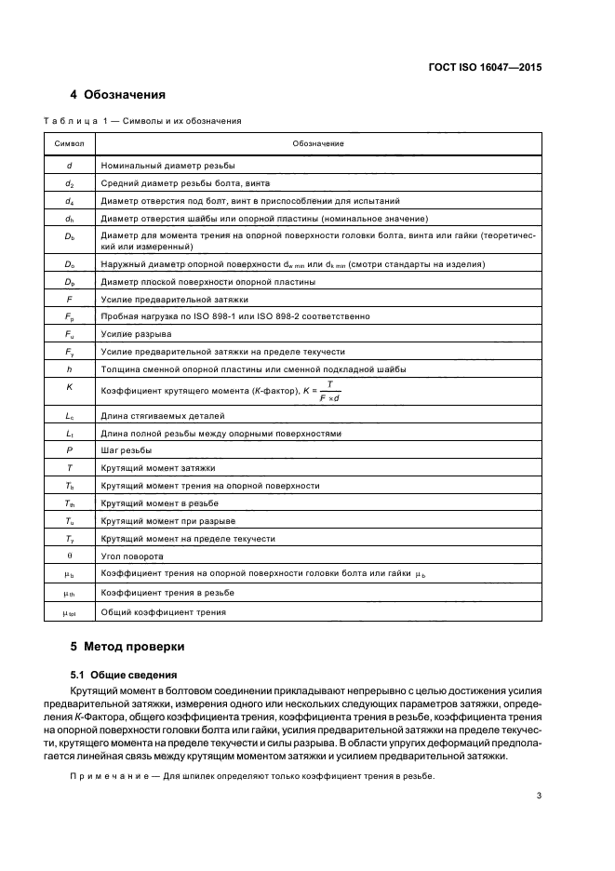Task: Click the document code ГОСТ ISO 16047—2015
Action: pyautogui.click(x=497, y=67)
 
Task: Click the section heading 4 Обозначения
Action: pyautogui.click(x=118, y=95)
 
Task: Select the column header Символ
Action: pyautogui.click(x=70, y=143)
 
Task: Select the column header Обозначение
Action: pyautogui.click(x=318, y=143)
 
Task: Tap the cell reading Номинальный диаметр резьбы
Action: pyautogui.click(x=168, y=165)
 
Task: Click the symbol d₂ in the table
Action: pyautogui.click(x=70, y=183)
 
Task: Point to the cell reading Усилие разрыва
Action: pyautogui.click(x=137, y=334)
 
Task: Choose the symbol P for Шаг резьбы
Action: pyautogui.click(x=70, y=450)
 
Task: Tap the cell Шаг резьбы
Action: pyautogui.click(x=127, y=450)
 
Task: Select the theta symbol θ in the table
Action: pyautogui.click(x=70, y=556)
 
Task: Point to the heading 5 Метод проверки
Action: pyautogui.click(x=128, y=646)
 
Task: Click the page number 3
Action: pyautogui.click(x=539, y=796)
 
